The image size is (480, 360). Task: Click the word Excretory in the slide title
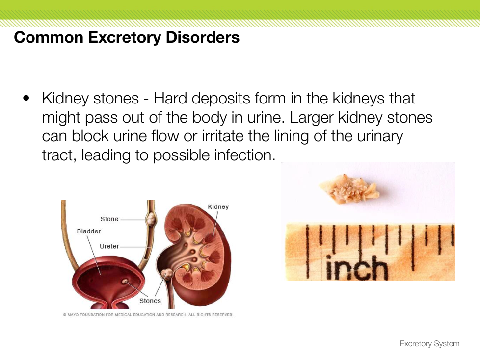click(x=124, y=38)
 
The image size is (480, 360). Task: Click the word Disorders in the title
click(x=203, y=37)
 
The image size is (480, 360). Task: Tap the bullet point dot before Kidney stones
click(x=27, y=98)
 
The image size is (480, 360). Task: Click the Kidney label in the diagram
click(x=218, y=207)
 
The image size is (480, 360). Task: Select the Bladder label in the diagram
click(x=89, y=231)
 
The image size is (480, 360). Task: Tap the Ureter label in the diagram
click(x=109, y=246)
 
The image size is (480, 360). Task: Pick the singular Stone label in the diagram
click(x=109, y=219)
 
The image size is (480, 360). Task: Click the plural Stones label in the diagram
click(x=150, y=301)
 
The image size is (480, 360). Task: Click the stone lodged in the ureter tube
click(x=151, y=219)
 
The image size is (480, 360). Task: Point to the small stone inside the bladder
click(x=125, y=282)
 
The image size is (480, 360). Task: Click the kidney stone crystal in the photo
click(x=349, y=188)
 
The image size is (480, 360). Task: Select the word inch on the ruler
click(x=356, y=268)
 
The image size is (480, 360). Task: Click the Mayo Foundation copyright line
click(x=148, y=315)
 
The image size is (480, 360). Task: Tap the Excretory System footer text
click(x=429, y=344)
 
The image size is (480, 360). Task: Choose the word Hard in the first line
click(x=170, y=99)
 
